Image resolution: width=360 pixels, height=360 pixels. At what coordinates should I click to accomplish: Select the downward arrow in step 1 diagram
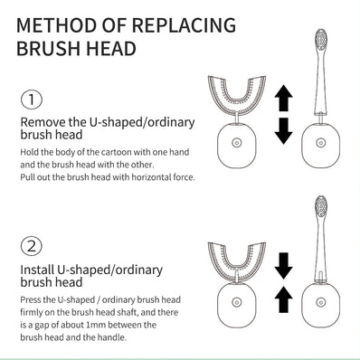click(282, 130)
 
